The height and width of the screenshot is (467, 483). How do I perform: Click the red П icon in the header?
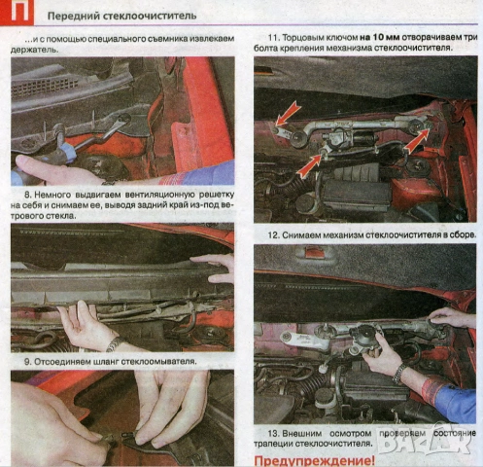coord(14,14)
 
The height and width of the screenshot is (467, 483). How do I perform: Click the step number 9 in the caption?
coord(17,361)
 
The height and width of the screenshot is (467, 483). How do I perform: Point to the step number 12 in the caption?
coord(271,235)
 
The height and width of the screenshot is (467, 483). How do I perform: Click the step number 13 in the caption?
coord(271,433)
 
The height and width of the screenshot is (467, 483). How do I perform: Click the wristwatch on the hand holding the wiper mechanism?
coord(398,372)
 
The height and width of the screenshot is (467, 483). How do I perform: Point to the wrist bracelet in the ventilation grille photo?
coord(113,344)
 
